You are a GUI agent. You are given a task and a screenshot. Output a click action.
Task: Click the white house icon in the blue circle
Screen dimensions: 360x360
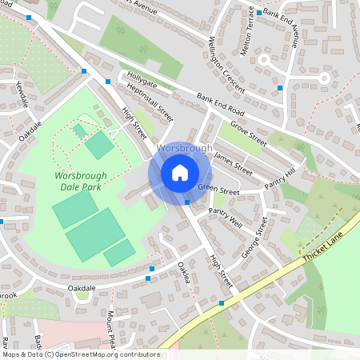pyautogui.click(x=180, y=172)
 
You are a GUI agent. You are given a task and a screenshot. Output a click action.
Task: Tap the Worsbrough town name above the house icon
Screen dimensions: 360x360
pyautogui.click(x=185, y=148)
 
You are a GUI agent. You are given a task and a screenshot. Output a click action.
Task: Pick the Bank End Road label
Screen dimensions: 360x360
pyautogui.click(x=220, y=104)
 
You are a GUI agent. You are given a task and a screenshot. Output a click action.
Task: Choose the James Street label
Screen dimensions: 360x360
pyautogui.click(x=234, y=165)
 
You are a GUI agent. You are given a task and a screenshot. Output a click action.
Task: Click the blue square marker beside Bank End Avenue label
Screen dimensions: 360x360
pyautogui.click(x=260, y=13)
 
